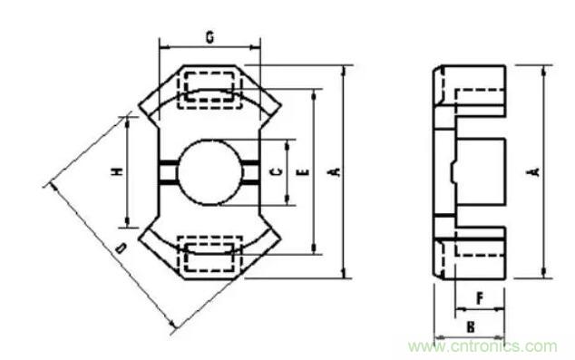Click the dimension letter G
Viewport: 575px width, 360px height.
pyautogui.click(x=209, y=37)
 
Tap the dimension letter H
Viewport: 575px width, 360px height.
pyautogui.click(x=117, y=172)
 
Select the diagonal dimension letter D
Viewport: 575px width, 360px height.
pyautogui.click(x=121, y=248)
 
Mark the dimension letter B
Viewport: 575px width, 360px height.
pyautogui.click(x=471, y=323)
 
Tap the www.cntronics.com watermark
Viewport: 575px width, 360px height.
pyautogui.click(x=482, y=345)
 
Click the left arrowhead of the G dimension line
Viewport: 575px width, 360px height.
pyautogui.click(x=162, y=43)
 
